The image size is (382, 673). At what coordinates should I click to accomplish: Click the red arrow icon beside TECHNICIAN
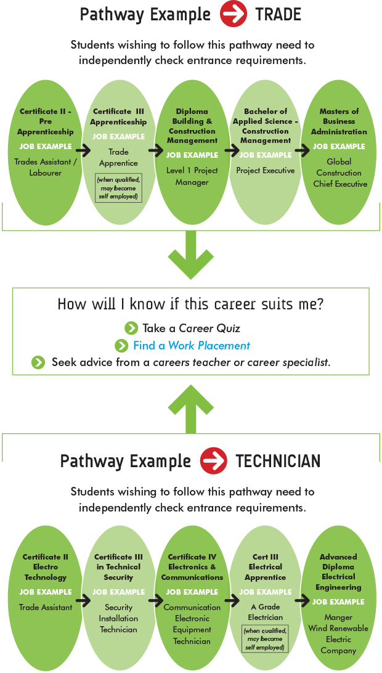pos(213,460)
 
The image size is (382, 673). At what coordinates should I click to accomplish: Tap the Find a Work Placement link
pos(191,346)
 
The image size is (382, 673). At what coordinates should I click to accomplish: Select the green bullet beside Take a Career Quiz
pos(131,328)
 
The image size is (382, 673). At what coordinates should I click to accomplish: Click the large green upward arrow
pos(191,407)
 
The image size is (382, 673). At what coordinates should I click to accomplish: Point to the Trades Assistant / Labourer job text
pos(45,168)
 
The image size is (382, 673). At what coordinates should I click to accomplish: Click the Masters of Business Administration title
pos(339,121)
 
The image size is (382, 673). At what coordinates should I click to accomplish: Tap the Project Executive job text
pos(266,170)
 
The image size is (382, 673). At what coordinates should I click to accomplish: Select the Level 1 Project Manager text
pos(192,176)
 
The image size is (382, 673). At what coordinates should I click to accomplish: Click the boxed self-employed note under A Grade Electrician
pos(266,639)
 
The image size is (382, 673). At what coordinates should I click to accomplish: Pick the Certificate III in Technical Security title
pos(118,567)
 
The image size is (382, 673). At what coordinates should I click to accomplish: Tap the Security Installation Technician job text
pos(118,618)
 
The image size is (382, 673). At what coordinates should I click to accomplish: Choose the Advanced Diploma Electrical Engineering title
pos(339,572)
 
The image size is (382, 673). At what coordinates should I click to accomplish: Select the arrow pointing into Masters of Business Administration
pos(302,149)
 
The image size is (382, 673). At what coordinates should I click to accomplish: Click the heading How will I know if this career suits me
pos(191,304)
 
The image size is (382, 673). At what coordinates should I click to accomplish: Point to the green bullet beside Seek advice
pos(38,362)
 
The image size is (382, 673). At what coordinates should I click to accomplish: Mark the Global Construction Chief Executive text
pos(340,173)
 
